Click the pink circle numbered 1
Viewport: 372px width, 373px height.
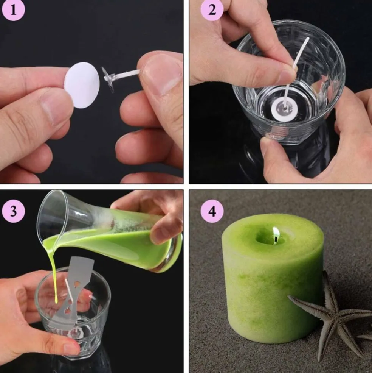pyautogui.click(x=13, y=10)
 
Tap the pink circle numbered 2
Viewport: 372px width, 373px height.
pyautogui.click(x=212, y=10)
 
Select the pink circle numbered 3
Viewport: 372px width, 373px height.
pyautogui.click(x=13, y=211)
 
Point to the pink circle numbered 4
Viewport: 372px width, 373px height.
pyautogui.click(x=212, y=211)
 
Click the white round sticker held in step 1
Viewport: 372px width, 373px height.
pyautogui.click(x=82, y=85)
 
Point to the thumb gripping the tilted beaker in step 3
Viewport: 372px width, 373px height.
pyautogui.click(x=164, y=226)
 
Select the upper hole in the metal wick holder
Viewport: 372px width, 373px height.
pyautogui.click(x=77, y=284)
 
